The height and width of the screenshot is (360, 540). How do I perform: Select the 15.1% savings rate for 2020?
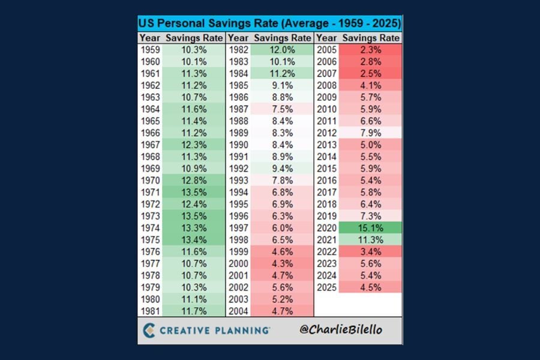point(370,227)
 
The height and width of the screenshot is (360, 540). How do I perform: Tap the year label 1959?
point(150,50)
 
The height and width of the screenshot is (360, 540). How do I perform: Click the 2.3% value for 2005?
point(370,50)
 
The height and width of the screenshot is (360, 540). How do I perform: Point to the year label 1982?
point(238,50)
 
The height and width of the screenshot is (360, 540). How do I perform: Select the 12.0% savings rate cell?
point(281,50)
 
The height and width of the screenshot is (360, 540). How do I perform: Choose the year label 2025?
point(327,287)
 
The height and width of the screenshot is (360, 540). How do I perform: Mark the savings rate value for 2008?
point(370,85)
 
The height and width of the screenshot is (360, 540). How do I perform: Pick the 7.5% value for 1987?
point(281,109)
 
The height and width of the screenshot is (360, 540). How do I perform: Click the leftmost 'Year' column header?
point(150,38)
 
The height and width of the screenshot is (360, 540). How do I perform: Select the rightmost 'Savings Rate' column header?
point(370,38)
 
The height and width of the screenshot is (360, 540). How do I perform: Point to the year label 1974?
point(150,227)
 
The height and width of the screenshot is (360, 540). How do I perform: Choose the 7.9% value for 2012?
point(370,133)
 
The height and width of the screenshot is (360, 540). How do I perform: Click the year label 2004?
point(238,310)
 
